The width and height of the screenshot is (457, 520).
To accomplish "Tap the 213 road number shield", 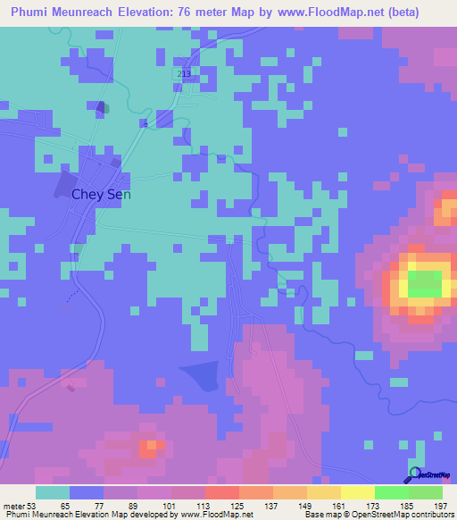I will coord(185,72).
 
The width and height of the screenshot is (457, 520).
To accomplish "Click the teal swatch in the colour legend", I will coord(52,492).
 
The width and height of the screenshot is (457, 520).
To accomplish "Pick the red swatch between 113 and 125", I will coord(221,492).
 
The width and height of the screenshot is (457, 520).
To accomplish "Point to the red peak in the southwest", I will coord(148,448).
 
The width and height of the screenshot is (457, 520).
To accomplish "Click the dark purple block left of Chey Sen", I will coord(65,186).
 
